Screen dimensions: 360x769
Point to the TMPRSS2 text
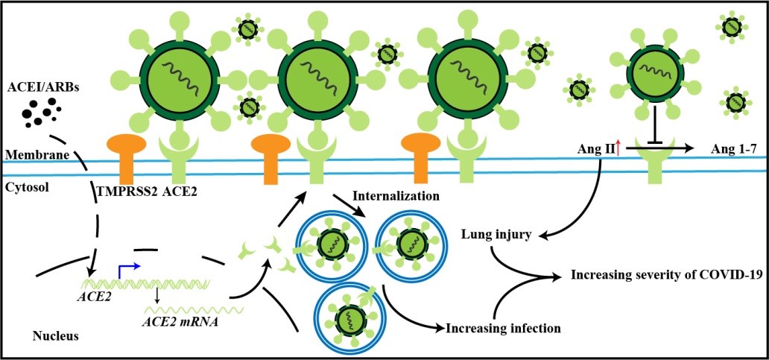(127, 192)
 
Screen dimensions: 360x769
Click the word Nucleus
(56, 336)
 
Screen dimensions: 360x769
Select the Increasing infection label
(503, 326)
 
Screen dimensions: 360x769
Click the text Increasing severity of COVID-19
(666, 274)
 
